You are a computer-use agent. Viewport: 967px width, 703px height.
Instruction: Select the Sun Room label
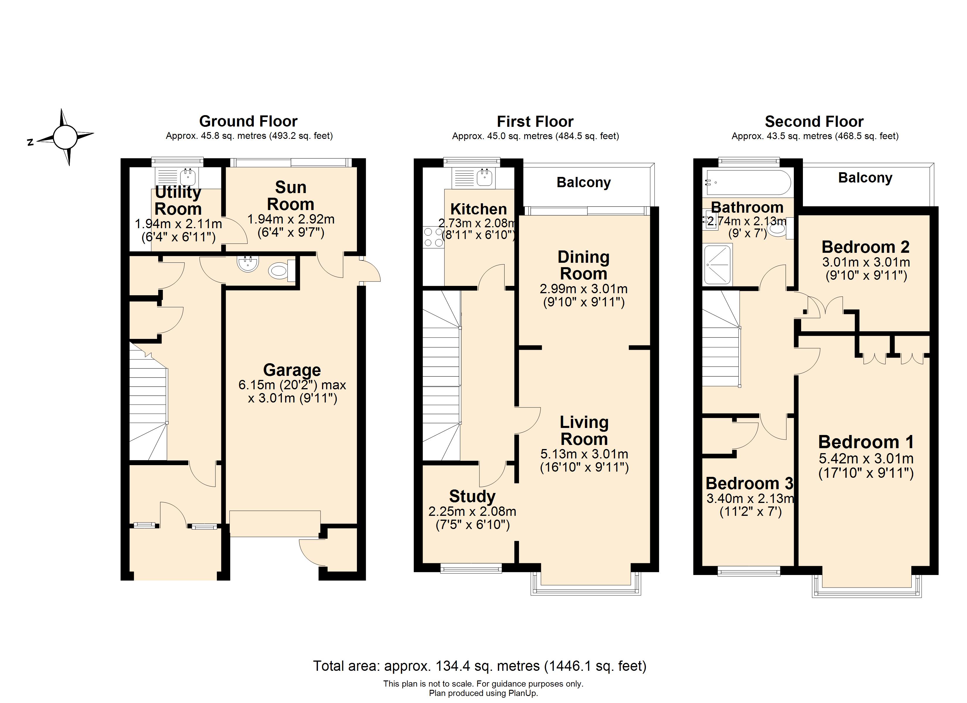click(290, 196)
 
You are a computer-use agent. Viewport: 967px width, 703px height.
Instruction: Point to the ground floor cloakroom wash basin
click(248, 263)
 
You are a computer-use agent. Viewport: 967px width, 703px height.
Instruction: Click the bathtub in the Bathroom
click(748, 183)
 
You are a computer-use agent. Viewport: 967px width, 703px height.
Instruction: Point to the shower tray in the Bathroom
click(718, 264)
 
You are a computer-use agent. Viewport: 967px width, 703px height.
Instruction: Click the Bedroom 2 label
click(866, 247)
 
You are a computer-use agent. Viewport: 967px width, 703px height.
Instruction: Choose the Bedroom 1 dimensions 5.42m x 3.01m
click(866, 459)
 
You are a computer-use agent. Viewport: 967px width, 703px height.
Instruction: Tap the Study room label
click(472, 496)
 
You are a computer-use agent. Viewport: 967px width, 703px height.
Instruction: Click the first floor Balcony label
click(584, 182)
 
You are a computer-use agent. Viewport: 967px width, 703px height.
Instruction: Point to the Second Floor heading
click(814, 122)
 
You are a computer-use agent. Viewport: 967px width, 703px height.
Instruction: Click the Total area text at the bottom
click(480, 666)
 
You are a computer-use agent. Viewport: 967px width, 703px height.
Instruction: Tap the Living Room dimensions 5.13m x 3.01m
click(584, 454)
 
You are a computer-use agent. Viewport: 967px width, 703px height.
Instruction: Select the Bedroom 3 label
click(749, 483)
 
